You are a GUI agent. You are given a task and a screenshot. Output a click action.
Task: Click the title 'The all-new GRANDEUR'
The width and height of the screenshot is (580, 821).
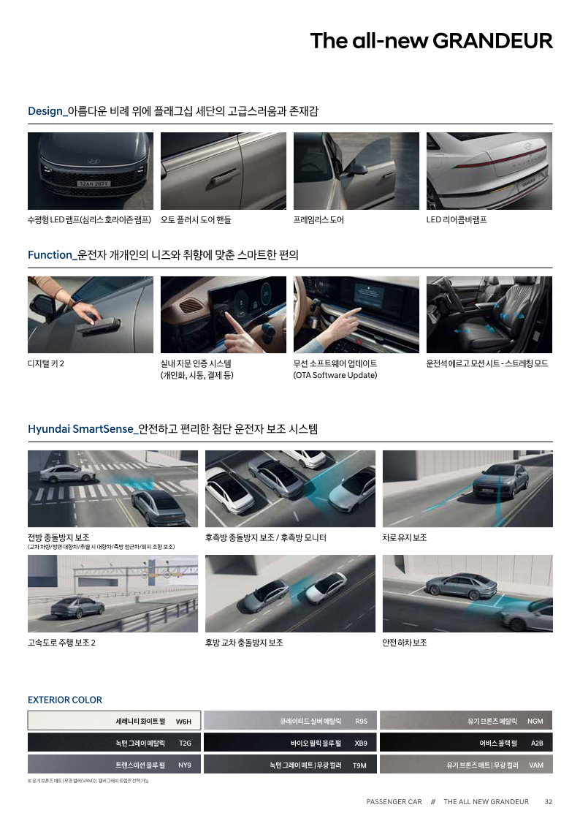click(431, 41)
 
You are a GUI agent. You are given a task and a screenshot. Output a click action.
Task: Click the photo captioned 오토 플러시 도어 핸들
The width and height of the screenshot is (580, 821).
click(224, 171)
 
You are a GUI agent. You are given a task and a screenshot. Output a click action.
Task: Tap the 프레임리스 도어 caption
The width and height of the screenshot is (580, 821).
click(318, 219)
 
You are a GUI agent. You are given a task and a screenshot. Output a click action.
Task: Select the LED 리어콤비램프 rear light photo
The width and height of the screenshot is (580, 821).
click(489, 171)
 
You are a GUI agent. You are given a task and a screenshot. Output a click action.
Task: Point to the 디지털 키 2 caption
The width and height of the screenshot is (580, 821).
click(46, 363)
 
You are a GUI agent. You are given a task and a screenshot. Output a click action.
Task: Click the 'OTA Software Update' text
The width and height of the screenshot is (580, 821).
click(335, 376)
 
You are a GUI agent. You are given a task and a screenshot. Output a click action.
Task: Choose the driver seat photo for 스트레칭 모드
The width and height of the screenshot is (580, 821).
click(489, 314)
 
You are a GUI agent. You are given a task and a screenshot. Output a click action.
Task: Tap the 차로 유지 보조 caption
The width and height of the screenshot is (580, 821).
click(404, 538)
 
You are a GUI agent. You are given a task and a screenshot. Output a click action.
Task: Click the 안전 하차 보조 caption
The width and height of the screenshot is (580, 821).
click(404, 643)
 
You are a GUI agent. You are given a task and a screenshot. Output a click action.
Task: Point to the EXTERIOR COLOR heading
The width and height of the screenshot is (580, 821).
click(65, 700)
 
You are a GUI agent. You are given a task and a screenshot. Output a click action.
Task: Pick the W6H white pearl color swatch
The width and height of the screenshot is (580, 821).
click(114, 721)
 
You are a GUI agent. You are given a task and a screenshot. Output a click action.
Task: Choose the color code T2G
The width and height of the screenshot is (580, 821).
click(185, 744)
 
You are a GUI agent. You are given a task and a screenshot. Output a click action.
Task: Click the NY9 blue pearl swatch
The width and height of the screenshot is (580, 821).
click(114, 765)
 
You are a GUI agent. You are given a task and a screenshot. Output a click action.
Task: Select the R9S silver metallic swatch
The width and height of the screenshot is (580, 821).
click(290, 721)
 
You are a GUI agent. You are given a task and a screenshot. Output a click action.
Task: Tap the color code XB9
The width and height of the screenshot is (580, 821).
click(361, 744)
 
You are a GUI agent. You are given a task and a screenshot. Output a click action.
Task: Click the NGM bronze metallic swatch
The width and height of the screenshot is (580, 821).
click(466, 721)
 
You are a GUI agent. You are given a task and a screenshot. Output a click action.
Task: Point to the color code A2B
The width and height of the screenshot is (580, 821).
click(537, 744)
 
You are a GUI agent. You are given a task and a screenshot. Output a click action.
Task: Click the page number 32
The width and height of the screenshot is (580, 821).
click(549, 802)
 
